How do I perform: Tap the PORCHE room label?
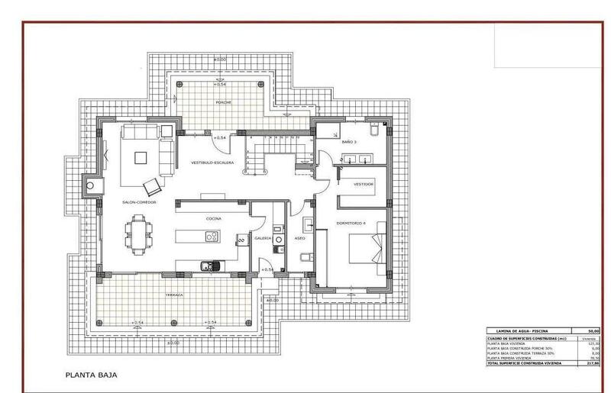[223, 101]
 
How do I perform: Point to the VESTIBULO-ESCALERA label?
[212, 163]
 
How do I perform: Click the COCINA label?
[214, 219]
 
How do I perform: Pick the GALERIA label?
[263, 238]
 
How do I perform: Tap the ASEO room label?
[300, 238]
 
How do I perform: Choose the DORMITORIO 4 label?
[351, 223]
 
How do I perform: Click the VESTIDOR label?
[364, 184]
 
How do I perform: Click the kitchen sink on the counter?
[208, 266]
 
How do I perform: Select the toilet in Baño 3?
[373, 131]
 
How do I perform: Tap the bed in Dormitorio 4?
[367, 252]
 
